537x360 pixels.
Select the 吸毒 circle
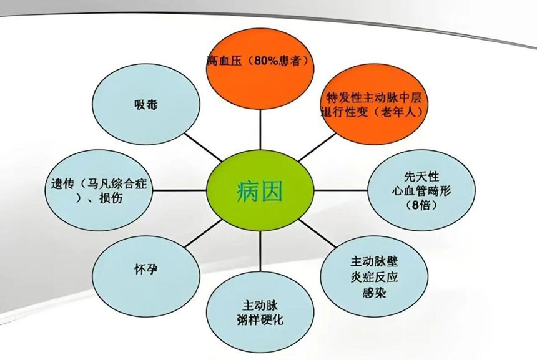point(146,104)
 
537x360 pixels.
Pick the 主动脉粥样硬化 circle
point(260,311)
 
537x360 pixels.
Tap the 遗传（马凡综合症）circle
point(99,190)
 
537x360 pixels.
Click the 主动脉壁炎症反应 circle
point(374,276)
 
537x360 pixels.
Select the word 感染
point(374,293)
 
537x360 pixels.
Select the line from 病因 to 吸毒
point(203,147)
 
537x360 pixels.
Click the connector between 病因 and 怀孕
point(203,233)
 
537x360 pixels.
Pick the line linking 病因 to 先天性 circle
point(341,190)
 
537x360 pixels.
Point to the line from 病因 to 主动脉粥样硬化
point(260,251)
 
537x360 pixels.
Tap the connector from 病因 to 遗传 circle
point(179,190)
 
